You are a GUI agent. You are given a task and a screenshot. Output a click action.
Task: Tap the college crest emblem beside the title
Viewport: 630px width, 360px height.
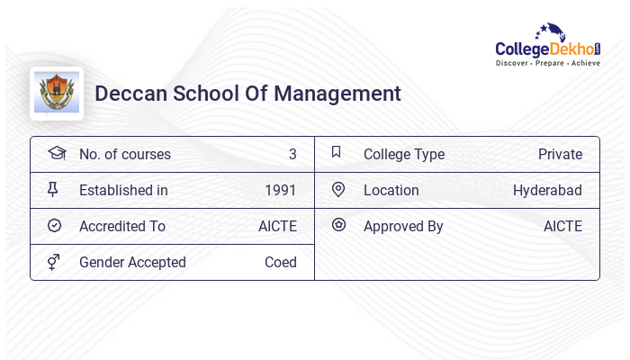[56, 93]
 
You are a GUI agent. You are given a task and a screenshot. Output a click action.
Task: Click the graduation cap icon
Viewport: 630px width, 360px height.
[56, 153]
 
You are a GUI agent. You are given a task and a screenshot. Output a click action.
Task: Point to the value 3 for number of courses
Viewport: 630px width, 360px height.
[292, 155]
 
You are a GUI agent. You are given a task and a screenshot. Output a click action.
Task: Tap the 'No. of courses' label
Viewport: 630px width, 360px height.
[125, 155]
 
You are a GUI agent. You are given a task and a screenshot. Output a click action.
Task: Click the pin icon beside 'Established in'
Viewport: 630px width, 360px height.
[53, 190]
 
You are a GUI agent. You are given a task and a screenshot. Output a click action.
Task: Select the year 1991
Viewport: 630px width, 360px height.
[281, 191]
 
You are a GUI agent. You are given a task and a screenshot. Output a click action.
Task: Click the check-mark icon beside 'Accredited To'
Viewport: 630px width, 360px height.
[54, 226]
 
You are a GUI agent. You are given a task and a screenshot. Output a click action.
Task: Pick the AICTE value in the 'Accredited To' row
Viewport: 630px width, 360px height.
[277, 227]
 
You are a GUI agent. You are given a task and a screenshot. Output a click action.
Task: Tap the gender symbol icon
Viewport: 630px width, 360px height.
[53, 262]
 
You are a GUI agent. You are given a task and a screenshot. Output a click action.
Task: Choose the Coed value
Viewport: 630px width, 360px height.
[281, 263]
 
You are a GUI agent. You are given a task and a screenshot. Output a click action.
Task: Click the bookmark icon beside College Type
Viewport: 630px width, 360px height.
[337, 152]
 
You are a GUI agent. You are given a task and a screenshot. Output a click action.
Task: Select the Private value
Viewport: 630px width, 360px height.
[560, 155]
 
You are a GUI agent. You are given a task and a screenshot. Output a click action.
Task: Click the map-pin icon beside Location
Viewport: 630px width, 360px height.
[338, 189]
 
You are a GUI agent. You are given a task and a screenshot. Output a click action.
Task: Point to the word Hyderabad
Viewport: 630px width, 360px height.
[547, 191]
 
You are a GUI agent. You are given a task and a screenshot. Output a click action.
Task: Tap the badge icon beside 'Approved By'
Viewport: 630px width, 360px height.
[338, 225]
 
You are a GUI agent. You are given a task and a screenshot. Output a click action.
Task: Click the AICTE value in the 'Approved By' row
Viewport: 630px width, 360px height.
[562, 227]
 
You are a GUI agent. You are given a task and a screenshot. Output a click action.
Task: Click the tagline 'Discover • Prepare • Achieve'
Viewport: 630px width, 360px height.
[548, 64]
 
